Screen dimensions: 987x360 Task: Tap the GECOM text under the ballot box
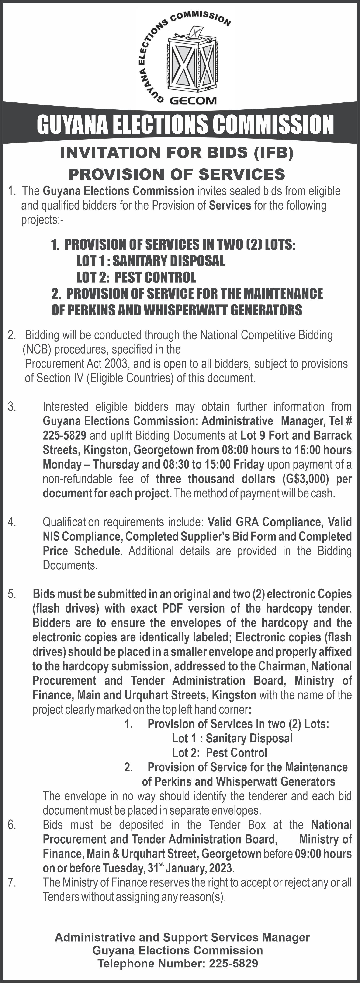193,101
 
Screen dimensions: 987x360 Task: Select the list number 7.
12,883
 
